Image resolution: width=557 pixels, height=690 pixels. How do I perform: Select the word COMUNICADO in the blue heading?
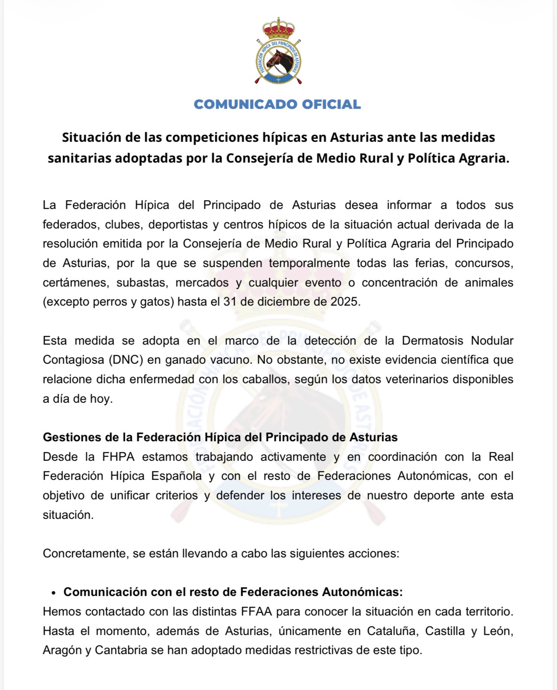(x=246, y=104)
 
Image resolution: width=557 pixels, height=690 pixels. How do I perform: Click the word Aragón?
(x=61, y=650)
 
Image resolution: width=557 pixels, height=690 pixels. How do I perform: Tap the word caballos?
(x=268, y=379)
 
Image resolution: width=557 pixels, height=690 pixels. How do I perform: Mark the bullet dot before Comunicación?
(x=54, y=593)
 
